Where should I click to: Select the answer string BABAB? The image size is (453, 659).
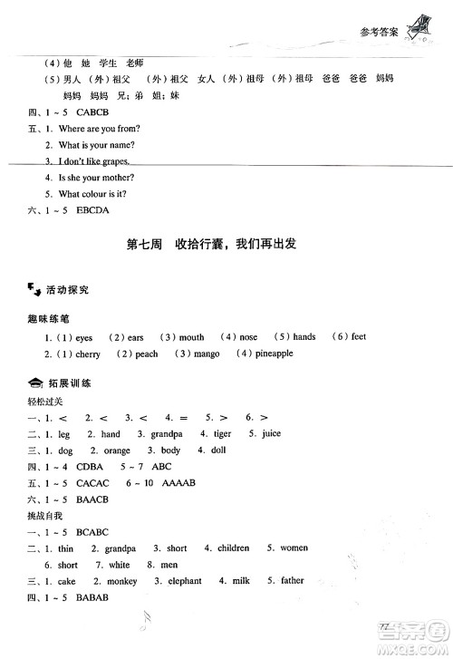coord(89,597)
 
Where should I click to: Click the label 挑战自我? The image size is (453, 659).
coord(44,516)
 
